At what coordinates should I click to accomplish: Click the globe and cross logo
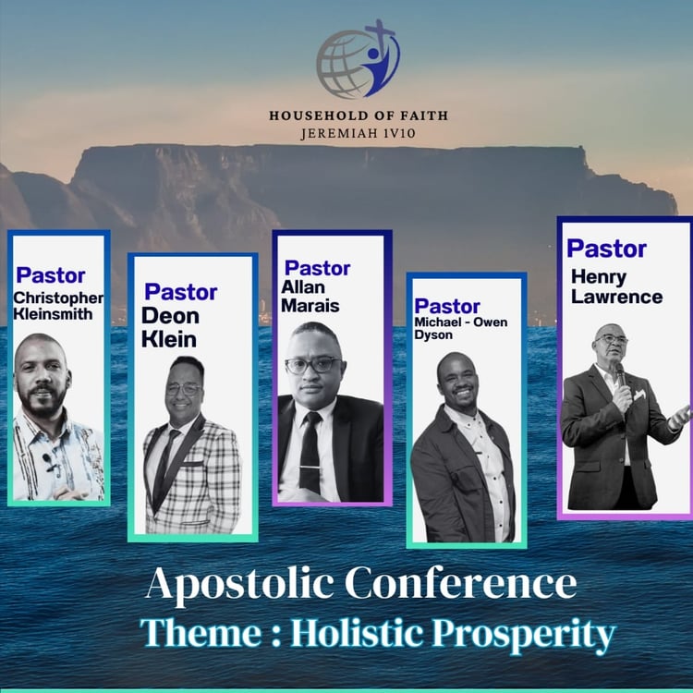[358, 59]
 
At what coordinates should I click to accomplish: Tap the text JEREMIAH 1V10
[359, 133]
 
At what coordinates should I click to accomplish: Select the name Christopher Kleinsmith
[58, 306]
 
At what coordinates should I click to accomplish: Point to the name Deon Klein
[170, 327]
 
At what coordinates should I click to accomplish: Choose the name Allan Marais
[310, 297]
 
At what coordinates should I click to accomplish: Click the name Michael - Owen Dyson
[460, 328]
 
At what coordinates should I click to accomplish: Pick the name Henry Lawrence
[616, 286]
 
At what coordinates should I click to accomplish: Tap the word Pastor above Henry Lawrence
[606, 249]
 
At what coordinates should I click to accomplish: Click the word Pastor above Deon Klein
[181, 292]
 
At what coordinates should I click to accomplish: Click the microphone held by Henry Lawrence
[621, 375]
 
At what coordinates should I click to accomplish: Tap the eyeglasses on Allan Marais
[313, 365]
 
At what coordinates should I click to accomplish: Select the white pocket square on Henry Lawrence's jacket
[639, 395]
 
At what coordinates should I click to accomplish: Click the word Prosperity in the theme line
[524, 635]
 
